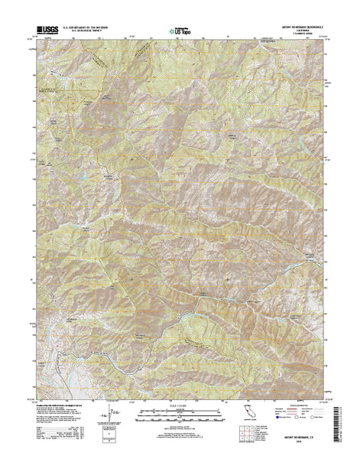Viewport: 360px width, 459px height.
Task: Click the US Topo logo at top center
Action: (x=180, y=31)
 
